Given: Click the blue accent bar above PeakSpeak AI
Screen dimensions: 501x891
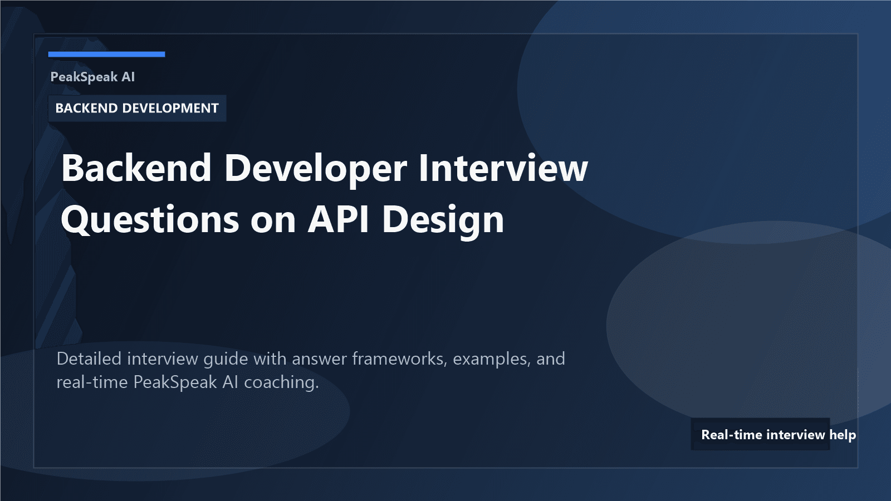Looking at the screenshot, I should click(x=106, y=54).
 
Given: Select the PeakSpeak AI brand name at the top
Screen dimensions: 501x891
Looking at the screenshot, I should click(x=92, y=77).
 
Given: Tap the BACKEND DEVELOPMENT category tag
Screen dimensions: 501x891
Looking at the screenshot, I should click(x=137, y=108).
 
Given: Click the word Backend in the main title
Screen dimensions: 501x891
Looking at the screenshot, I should click(x=136, y=168).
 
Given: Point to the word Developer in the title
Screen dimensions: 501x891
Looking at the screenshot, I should click(x=315, y=168).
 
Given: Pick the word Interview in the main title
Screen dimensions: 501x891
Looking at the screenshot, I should click(x=503, y=168).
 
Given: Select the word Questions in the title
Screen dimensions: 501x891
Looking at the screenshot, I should click(x=150, y=219).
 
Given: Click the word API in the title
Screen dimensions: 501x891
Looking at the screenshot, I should click(x=339, y=219).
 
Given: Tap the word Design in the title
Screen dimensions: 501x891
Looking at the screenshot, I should click(x=443, y=219).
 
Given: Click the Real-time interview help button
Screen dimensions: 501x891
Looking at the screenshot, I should click(x=761, y=434).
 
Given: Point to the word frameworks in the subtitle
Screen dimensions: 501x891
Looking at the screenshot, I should click(x=400, y=358).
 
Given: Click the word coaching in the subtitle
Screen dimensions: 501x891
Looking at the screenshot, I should click(x=281, y=382).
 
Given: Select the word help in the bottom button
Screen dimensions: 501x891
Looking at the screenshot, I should click(x=843, y=434).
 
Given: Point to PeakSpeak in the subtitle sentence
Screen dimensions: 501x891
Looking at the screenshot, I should click(x=175, y=382).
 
